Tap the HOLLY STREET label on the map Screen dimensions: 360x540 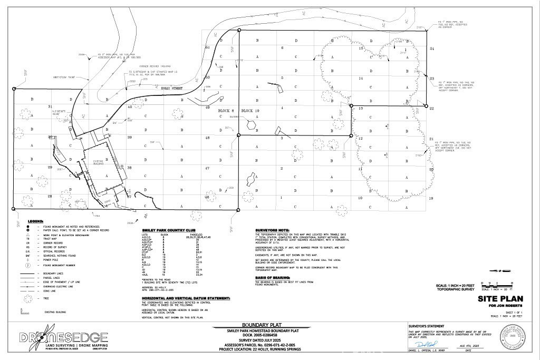(x=171, y=89)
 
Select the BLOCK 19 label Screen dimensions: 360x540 (x=250, y=111)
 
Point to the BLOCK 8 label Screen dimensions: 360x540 (x=226, y=111)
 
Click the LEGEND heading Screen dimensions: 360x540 (x=35, y=221)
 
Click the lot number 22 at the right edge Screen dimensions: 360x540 (x=431, y=108)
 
